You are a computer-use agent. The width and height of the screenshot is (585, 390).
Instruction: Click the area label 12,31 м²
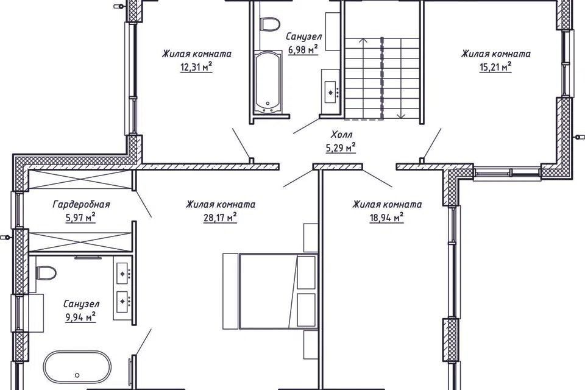196,68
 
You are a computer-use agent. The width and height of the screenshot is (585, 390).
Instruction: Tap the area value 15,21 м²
495,68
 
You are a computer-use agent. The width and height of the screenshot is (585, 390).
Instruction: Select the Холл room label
341,134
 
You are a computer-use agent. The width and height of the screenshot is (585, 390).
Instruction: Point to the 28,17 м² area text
221,218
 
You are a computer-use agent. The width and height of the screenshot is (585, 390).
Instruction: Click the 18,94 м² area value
386,218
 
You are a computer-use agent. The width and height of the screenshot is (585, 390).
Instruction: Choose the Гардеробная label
81,205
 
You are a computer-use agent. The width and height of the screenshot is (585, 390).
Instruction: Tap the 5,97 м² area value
80,218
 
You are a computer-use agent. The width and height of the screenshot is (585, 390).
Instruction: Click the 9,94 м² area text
80,317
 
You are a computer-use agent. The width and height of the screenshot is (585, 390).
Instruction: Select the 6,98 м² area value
303,49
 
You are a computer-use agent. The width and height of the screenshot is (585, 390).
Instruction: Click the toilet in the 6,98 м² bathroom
271,24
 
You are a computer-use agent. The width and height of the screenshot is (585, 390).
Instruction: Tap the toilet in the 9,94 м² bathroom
46,273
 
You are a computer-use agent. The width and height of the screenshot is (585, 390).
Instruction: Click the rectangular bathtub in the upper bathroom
268,82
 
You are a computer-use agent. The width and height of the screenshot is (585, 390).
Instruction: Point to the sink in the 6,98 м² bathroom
331,92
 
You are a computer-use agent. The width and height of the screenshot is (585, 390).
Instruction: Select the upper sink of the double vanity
122,274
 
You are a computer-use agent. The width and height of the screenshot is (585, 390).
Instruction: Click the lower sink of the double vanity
122,301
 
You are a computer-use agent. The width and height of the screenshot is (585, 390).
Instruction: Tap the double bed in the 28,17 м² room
269,291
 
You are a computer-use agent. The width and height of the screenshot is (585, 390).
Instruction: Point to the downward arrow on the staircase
401,79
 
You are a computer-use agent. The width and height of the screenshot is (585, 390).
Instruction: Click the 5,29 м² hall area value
341,148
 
